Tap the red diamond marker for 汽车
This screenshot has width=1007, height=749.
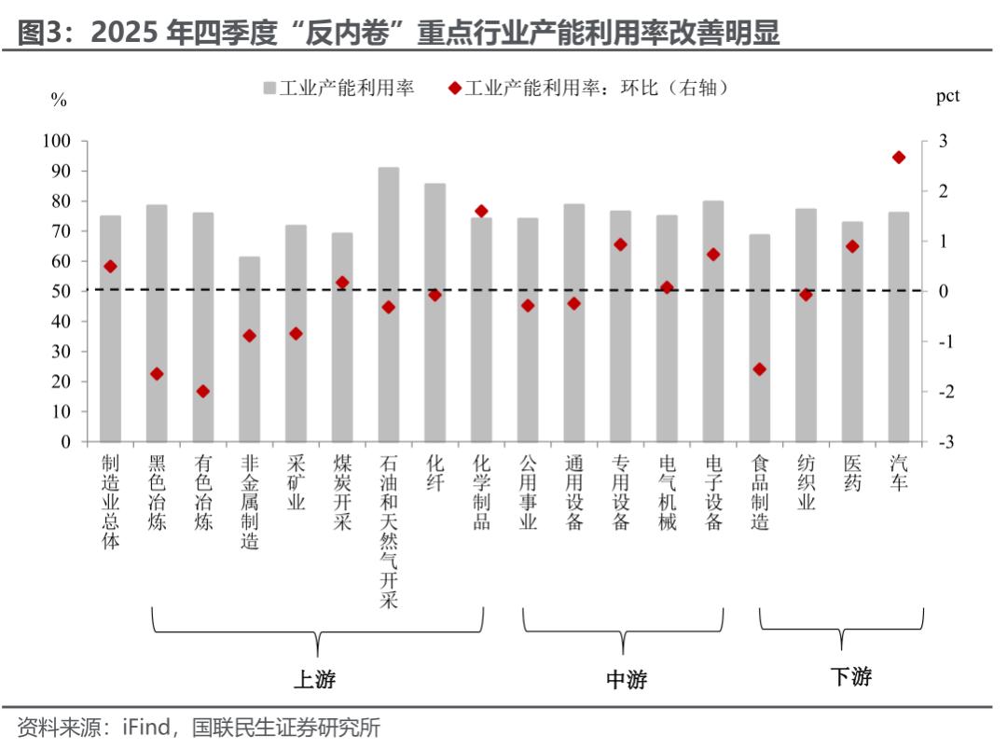pyautogui.click(x=899, y=158)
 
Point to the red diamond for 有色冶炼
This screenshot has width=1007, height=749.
pyautogui.click(x=203, y=391)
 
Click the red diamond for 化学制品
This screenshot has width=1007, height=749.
pyautogui.click(x=481, y=212)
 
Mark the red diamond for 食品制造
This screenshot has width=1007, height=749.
pyautogui.click(x=759, y=369)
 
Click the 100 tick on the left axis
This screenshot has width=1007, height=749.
pyautogui.click(x=58, y=141)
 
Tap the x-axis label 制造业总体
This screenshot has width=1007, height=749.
pyautogui.click(x=111, y=501)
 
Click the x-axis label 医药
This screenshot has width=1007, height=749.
pyautogui.click(x=852, y=474)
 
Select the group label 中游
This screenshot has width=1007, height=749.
pyautogui.click(x=627, y=679)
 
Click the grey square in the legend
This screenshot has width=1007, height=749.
pyautogui.click(x=269, y=89)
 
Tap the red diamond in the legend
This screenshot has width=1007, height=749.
pyautogui.click(x=454, y=89)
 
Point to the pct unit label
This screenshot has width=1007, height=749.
pyautogui.click(x=947, y=96)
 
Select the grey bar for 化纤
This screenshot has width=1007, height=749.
pyautogui.click(x=435, y=312)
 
